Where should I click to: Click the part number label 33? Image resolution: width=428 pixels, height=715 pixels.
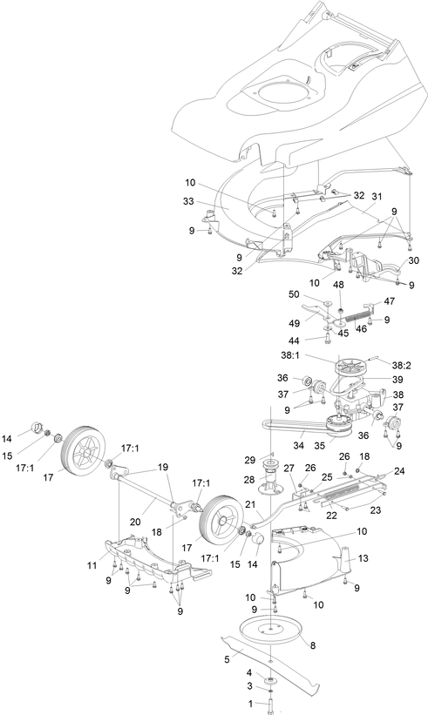[x=188, y=201]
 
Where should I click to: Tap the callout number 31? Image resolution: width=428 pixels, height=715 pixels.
[x=377, y=196]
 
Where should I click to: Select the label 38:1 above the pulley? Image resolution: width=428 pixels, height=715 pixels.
[x=289, y=354]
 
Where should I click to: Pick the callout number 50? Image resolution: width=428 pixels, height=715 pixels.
[x=295, y=294]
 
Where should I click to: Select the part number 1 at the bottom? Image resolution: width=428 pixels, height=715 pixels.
[x=250, y=704]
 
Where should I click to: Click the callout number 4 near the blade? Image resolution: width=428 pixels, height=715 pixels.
[x=249, y=672]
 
